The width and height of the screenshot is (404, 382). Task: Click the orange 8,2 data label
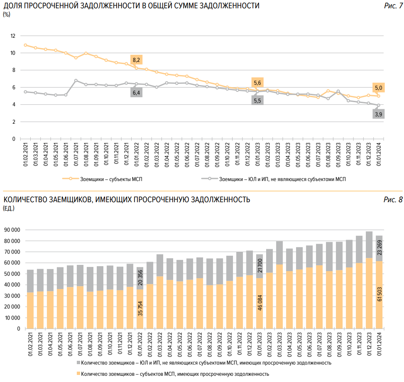point(136,60)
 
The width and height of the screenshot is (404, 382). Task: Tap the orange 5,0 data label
point(378,88)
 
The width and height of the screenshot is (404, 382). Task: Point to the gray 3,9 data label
point(378,114)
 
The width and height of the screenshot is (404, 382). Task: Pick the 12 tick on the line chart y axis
point(13,36)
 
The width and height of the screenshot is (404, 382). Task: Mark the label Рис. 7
point(393,6)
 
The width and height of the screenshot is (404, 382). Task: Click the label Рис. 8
point(393,200)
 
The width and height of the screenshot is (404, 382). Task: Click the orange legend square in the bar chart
point(78,374)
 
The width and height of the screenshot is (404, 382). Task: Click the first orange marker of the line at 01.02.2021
point(25,45)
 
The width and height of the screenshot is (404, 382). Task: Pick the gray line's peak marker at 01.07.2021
point(76,81)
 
